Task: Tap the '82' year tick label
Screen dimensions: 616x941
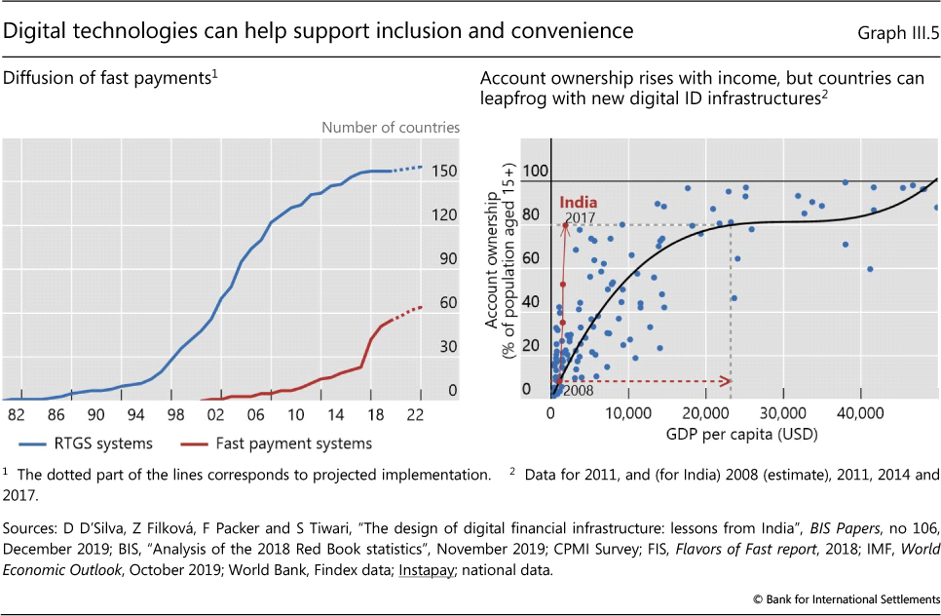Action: (16, 413)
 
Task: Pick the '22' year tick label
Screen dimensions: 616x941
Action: (420, 413)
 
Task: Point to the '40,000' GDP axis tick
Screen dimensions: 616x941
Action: (859, 413)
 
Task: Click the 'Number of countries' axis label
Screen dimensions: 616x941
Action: (391, 127)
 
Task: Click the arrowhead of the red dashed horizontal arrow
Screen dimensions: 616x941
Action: (727, 381)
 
